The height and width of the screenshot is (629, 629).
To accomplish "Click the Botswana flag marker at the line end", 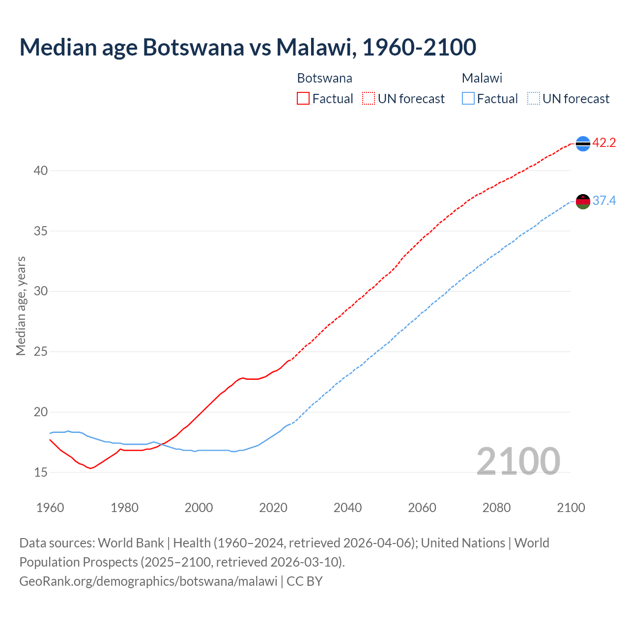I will pos(583,143).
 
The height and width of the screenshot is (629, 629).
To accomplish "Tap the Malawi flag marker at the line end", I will pos(583,201).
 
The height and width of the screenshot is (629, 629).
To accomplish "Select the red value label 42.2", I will pos(604,143).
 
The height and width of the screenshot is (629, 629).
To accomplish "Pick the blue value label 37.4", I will pos(604,201).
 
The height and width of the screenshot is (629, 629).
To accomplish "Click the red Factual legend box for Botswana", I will pos(303,99).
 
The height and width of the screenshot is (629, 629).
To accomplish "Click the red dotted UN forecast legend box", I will pos(369,99).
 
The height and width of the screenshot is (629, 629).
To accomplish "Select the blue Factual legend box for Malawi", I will pos(468,99).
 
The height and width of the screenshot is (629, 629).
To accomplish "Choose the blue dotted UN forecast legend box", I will pos(534,99).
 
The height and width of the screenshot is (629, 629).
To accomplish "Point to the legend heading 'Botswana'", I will pos(324,78).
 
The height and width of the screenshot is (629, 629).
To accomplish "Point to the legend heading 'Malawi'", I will pos(482,78).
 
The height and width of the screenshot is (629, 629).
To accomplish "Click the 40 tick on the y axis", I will pos(40,171).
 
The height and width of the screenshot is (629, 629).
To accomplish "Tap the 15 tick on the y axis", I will pos(40,473).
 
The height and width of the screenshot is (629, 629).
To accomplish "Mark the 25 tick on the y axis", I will pos(40,352).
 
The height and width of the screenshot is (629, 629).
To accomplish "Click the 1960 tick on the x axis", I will pos(50,508).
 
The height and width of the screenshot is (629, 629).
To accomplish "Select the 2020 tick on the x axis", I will pos(273,508).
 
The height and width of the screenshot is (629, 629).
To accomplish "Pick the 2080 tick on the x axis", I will pos(496,508).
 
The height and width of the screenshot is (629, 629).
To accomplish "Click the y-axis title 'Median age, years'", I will pos(21,306).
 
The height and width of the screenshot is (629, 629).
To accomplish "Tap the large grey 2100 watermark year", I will pos(518,461).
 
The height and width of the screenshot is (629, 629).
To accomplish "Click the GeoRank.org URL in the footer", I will pos(148,581).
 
